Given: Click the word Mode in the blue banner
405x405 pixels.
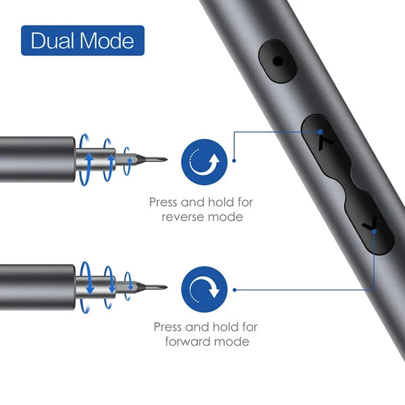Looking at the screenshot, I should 107,42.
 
